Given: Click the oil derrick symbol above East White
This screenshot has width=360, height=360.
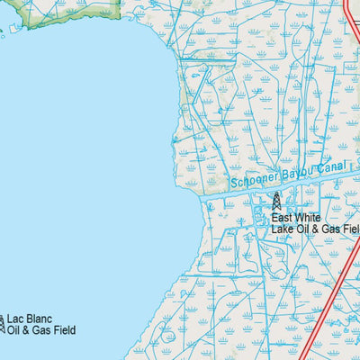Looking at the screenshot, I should pos(276,201).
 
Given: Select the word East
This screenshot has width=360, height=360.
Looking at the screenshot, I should pos(283,218).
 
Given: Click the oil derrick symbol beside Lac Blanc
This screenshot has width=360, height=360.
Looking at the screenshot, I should pos(2,322).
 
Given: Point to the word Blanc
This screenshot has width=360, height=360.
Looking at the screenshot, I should pos(40,319).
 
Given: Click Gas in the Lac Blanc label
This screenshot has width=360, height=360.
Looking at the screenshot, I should pos(41,330).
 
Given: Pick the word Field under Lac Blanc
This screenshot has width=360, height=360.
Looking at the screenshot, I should pos(63,330).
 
